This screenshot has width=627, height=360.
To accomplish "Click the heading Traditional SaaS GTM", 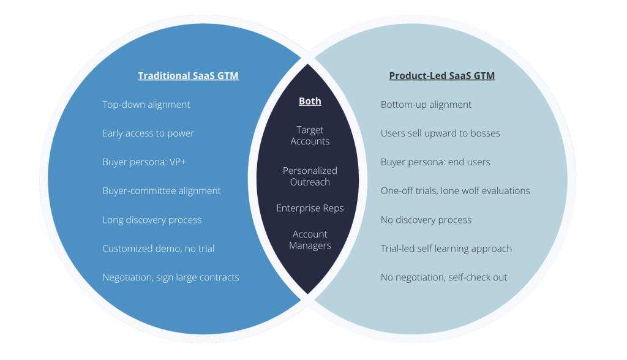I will pyautogui.click(x=188, y=76).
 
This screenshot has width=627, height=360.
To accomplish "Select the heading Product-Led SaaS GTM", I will pyautogui.click(x=441, y=76).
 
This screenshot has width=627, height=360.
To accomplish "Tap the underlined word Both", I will pyautogui.click(x=310, y=101).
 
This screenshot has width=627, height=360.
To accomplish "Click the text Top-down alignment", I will pyautogui.click(x=146, y=105).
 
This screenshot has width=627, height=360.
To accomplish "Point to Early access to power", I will pyautogui.click(x=148, y=133).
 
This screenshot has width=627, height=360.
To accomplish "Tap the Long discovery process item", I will pyautogui.click(x=152, y=220).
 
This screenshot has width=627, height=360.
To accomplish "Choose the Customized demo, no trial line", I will pyautogui.click(x=158, y=249).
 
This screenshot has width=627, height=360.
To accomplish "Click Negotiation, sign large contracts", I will pyautogui.click(x=170, y=277).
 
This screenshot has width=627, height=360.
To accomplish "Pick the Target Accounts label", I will pyautogui.click(x=310, y=135).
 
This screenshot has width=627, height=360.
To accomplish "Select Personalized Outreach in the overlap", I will pyautogui.click(x=310, y=176).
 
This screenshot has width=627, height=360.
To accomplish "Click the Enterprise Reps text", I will pyautogui.click(x=310, y=208).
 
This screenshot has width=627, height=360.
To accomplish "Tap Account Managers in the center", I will pyautogui.click(x=310, y=240).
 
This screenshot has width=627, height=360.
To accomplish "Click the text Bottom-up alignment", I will pyautogui.click(x=426, y=105).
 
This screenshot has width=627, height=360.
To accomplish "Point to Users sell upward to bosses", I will pyautogui.click(x=440, y=133).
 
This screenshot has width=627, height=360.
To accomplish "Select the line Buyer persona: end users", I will pyautogui.click(x=435, y=162).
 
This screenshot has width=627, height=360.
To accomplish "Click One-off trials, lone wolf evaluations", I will pyautogui.click(x=455, y=191).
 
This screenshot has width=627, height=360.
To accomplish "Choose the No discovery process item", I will pyautogui.click(x=426, y=220).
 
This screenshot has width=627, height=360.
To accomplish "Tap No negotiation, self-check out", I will pyautogui.click(x=444, y=277).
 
